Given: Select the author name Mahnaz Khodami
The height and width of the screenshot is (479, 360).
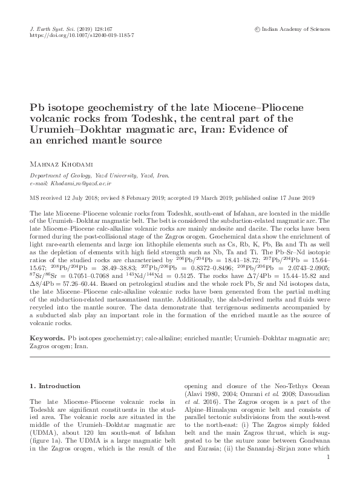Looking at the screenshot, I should (64, 162).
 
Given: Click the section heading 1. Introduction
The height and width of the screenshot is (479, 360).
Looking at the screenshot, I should (55, 386).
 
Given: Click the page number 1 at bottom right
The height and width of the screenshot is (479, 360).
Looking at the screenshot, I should (327, 465).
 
